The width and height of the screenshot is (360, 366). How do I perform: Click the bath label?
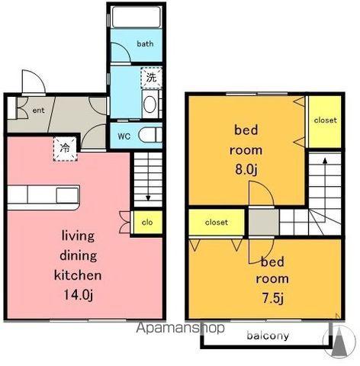point(145,43)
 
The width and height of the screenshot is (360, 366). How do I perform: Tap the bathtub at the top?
point(137,17)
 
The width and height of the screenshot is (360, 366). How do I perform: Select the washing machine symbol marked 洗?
point(151,78)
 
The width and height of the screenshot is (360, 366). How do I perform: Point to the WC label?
point(124,136)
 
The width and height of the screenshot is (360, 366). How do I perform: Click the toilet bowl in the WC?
point(150,135)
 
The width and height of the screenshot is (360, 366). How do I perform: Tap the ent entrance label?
point(38,111)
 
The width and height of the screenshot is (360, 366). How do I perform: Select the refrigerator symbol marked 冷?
point(66,149)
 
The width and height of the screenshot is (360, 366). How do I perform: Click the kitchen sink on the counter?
point(67,195)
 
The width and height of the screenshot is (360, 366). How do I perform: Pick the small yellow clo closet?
point(148,222)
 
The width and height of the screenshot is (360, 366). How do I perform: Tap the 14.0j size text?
point(79,295)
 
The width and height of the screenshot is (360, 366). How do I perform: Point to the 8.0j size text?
point(246,169)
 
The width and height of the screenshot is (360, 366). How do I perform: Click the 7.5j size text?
point(272,298)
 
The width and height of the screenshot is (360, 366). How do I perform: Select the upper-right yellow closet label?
point(325,120)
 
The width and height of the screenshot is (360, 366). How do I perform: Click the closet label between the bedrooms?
point(217,223)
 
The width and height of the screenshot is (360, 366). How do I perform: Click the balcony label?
point(268,336)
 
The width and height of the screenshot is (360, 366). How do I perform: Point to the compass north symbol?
point(339,341)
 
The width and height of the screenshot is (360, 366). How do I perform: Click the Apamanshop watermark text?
point(181,328)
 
